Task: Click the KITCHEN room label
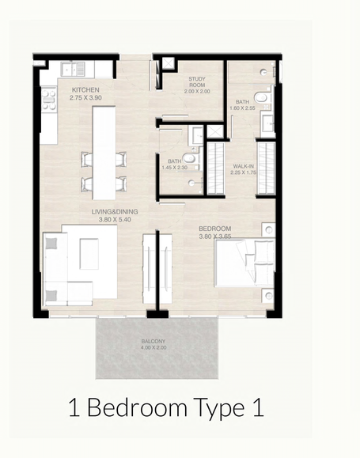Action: coord(85,90)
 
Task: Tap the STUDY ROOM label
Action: coord(197,82)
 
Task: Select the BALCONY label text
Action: coord(153,341)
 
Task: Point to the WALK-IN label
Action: coord(243,166)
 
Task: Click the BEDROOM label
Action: coord(214,229)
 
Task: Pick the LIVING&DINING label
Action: coord(115,212)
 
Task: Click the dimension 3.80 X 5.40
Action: coord(115,219)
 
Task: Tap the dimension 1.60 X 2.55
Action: coord(243,108)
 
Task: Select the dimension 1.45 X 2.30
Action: coord(175,168)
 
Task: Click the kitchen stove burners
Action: coord(48,100)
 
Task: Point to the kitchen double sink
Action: coord(73,70)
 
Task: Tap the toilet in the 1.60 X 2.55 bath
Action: coord(261,98)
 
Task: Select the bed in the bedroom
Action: coord(244,263)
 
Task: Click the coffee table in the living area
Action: coord(89,254)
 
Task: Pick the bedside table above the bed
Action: coord(268,229)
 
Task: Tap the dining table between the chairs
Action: coord(104,153)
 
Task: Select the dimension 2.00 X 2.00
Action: coord(197,92)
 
